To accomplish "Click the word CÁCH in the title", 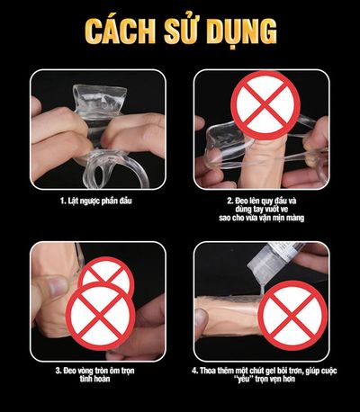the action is point(120,31).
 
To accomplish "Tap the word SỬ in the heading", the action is point(181,30).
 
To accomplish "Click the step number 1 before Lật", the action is point(62,201).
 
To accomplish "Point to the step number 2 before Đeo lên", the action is point(229,201).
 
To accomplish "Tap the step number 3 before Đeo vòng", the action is point(58,371).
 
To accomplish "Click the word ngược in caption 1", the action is point(88,202).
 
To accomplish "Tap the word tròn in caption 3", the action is point(102,371).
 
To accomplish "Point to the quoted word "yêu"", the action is point(242,380).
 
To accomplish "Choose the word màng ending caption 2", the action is point(295,218).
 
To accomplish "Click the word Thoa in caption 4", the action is point(208,371).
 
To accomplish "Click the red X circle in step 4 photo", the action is point(292,316).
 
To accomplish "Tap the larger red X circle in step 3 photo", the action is point(101,316).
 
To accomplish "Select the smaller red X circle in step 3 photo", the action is point(106,276).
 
